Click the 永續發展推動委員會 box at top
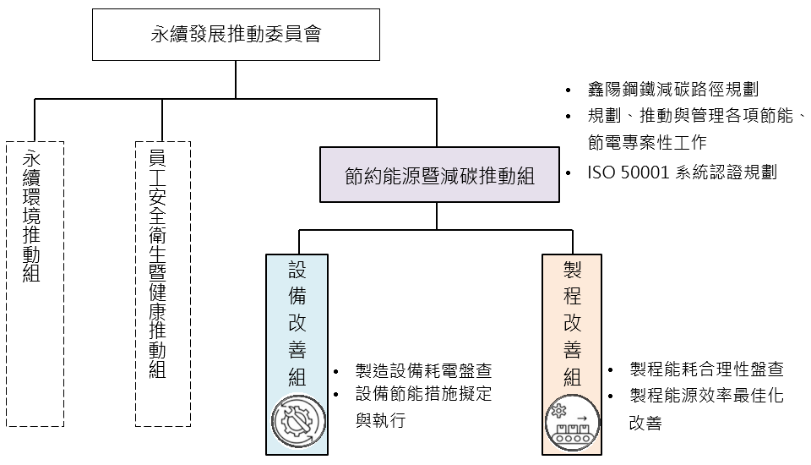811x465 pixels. (236, 36)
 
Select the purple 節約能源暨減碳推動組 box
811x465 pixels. (439, 175)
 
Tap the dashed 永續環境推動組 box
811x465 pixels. (34, 283)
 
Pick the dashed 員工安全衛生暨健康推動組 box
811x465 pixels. (162, 283)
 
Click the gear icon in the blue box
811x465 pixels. (297, 421)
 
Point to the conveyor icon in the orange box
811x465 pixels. (572, 421)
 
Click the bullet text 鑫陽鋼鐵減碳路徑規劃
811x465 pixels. (672, 90)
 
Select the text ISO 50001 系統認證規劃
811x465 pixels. (682, 172)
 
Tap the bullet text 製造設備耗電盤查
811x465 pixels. (423, 371)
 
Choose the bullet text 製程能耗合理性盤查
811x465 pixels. (706, 369)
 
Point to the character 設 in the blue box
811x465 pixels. (297, 270)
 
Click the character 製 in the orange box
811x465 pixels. (572, 270)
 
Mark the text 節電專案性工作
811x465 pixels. (647, 141)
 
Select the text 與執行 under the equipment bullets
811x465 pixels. (380, 419)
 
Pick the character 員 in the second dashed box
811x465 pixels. (156, 158)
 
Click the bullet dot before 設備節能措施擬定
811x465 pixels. (336, 395)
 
